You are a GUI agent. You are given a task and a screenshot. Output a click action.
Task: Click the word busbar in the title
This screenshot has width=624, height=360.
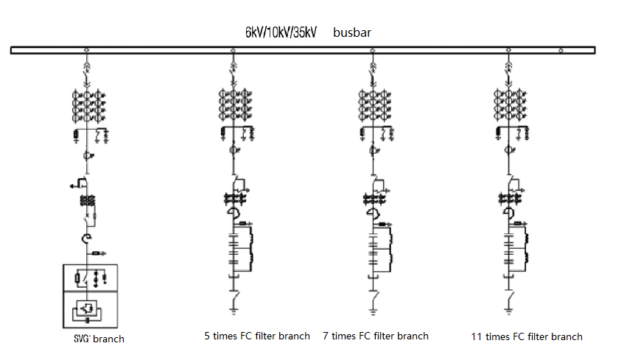357,33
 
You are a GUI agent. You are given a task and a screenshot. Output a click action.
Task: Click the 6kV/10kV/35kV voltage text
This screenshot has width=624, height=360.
281,33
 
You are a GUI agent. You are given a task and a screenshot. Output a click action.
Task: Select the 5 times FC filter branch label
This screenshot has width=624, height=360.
257,336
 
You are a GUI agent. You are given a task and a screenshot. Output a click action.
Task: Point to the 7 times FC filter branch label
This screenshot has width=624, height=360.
376,336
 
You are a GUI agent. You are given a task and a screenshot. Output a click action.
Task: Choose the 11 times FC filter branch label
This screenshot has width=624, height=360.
527,336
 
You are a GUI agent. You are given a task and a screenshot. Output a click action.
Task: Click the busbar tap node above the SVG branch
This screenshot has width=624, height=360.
88,50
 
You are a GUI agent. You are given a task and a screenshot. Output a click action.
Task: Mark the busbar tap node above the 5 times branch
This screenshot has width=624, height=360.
233,50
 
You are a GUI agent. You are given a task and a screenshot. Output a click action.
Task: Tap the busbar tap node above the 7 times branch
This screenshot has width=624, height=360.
372,50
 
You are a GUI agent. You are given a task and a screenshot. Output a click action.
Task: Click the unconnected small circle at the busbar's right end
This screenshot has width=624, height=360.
561,50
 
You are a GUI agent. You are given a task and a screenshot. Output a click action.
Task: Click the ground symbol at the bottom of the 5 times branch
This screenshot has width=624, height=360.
234,313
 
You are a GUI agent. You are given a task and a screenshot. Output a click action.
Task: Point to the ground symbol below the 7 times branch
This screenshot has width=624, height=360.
373,313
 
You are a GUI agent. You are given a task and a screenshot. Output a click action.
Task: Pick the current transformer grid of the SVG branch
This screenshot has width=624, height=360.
88,106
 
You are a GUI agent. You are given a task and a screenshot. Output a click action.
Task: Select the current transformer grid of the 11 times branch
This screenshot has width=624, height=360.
508,106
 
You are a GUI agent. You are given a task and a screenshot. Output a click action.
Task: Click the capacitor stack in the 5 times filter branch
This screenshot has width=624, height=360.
234,250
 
